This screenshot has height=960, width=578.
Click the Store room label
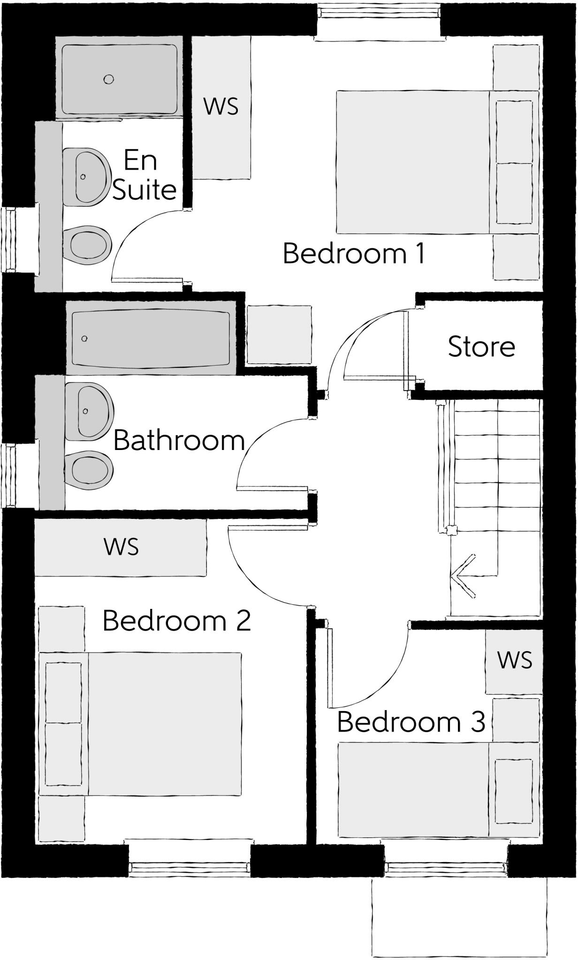(x=481, y=347)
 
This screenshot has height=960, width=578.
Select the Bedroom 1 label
(x=354, y=254)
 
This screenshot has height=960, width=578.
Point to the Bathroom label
(x=179, y=441)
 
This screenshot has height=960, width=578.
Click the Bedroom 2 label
(x=176, y=621)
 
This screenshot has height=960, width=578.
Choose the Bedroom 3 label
(x=411, y=722)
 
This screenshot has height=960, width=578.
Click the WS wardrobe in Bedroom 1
(x=221, y=107)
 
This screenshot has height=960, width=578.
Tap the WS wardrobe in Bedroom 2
(x=121, y=547)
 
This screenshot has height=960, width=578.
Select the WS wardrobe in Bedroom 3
(x=514, y=660)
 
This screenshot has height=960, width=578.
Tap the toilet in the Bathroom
(x=89, y=470)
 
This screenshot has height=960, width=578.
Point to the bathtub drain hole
(x=84, y=339)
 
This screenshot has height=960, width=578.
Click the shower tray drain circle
(x=108, y=80)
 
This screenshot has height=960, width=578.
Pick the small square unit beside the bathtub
(x=279, y=334)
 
